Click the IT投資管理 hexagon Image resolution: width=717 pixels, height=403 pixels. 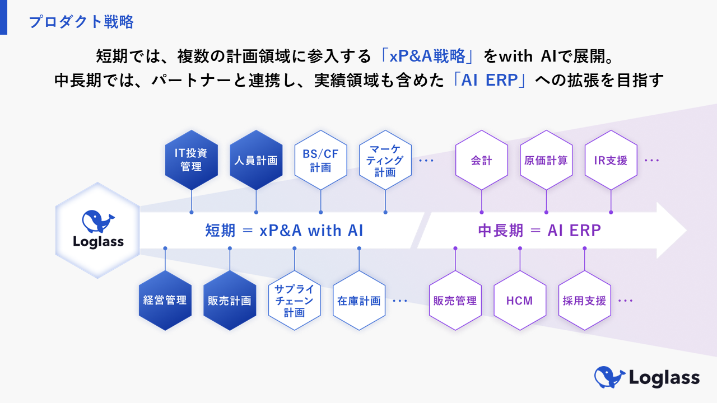tap(192, 160)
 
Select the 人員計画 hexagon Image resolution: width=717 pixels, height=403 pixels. tap(256, 160)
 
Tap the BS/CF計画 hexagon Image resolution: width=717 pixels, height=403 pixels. tap(320, 160)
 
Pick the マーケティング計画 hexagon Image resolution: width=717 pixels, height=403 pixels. tap(385, 160)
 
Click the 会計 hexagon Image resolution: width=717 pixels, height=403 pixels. tap(482, 160)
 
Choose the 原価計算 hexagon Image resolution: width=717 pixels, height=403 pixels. tap(546, 160)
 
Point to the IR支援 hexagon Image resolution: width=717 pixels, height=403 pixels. tap(611, 160)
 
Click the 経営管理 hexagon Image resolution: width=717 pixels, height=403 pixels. tap(165, 301)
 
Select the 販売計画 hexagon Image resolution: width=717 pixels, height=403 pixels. tap(230, 301)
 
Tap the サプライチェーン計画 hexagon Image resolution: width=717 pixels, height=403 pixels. tap(294, 301)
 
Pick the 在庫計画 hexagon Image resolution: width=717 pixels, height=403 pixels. tap(359, 301)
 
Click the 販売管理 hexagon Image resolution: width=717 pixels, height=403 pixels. tap(455, 301)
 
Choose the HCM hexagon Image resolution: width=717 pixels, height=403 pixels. tap(520, 301)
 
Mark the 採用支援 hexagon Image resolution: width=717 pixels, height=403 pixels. tap(584, 301)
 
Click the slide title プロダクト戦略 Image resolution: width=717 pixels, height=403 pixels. tap(81, 22)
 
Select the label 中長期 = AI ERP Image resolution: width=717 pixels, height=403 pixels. tap(539, 230)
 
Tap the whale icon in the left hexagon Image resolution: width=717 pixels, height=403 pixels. tap(97, 221)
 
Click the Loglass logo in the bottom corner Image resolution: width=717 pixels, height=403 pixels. tap(647, 377)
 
